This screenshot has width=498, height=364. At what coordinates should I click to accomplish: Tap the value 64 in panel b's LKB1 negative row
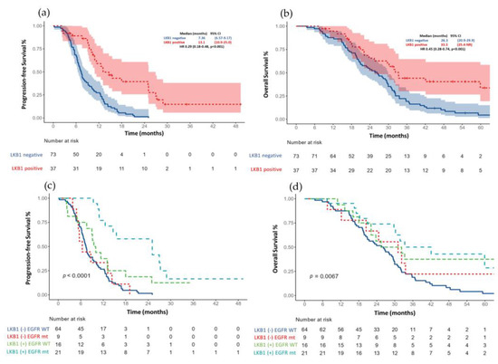coord(340,156)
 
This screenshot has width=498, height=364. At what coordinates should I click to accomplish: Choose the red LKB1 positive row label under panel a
coord(21,169)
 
